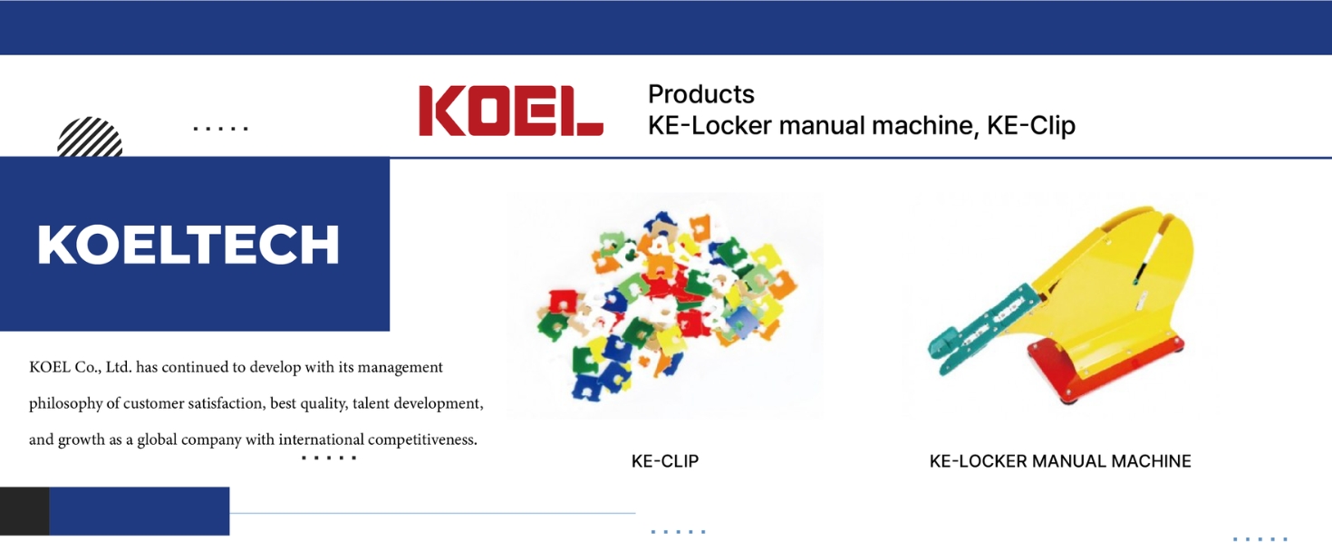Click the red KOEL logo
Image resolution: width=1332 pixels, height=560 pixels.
511,111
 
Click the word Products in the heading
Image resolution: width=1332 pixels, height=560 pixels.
701,94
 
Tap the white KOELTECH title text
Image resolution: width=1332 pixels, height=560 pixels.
188,245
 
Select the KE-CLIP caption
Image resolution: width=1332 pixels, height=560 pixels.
665,460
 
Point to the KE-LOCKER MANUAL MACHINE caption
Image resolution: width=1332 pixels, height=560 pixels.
1060,460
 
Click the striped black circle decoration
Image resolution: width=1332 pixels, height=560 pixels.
90,137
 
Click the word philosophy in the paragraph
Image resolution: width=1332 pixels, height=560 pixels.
66,403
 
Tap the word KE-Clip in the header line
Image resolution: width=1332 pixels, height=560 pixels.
1031,125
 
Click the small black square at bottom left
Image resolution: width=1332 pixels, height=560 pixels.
24,511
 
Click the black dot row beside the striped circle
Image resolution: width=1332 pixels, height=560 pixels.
220,128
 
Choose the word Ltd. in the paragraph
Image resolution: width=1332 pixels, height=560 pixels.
119,367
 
